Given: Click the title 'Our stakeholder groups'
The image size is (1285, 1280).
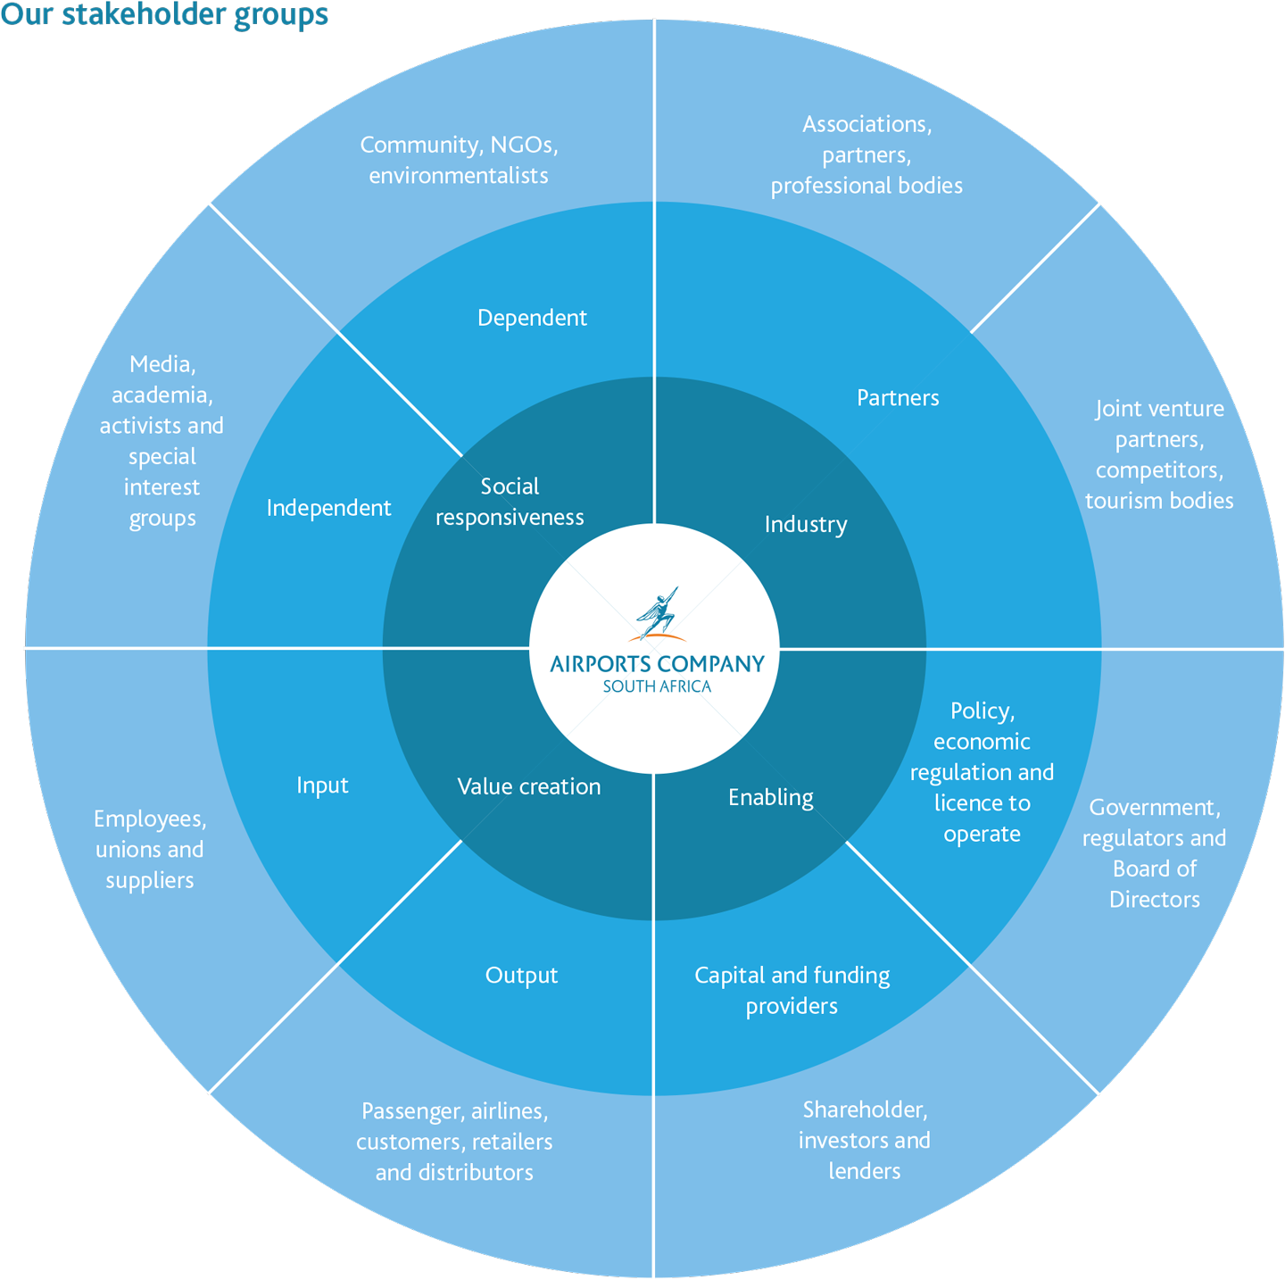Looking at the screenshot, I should (x=165, y=15).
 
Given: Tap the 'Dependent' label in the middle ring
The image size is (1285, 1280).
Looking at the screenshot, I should (x=532, y=318).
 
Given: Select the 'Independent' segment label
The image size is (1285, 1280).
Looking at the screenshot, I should (x=328, y=508).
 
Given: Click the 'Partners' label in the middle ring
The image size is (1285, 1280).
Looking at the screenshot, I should (x=898, y=398).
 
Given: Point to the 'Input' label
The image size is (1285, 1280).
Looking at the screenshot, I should (x=322, y=785).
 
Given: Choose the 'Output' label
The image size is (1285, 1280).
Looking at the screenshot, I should (x=521, y=976).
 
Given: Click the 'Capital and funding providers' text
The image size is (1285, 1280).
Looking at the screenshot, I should (x=792, y=991).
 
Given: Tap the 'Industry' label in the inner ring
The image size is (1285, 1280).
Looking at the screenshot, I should (x=806, y=525).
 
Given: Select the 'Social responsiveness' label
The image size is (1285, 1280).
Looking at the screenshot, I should (x=510, y=502).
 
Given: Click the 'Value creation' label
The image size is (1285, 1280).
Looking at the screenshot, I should (x=529, y=786).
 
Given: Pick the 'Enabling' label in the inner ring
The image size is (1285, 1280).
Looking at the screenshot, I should (x=771, y=798).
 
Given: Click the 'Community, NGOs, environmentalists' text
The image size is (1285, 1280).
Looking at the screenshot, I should (x=459, y=160).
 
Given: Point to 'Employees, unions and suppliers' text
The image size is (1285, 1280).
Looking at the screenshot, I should (x=150, y=850).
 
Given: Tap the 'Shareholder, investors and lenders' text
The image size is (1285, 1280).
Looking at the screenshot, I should (x=865, y=1140).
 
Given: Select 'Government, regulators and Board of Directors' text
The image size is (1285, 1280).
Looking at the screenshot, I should (x=1155, y=853).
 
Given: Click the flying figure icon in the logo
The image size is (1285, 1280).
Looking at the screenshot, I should (x=659, y=613).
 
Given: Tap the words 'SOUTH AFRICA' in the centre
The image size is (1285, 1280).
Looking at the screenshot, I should (x=657, y=686).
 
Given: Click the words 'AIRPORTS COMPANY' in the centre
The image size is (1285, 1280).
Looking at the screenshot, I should (x=657, y=664).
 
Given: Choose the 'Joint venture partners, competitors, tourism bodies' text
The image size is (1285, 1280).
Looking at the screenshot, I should (x=1159, y=454).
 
